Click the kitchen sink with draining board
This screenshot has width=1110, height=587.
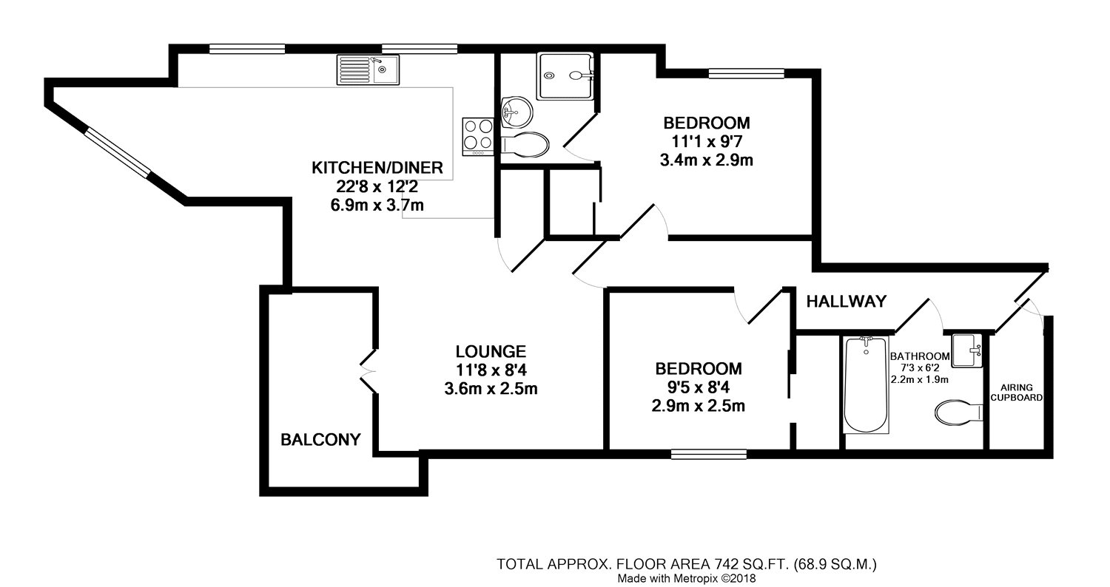point(369,69)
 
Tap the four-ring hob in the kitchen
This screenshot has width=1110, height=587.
point(478,137)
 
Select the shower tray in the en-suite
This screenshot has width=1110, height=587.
point(566,76)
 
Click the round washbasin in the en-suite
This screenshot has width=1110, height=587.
point(517,111)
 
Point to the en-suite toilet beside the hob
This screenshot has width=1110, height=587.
point(525,145)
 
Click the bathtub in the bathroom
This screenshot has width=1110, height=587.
point(866,385)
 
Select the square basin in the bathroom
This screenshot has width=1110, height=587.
point(966,351)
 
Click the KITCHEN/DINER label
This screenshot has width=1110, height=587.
point(377,168)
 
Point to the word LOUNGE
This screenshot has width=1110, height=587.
point(491,351)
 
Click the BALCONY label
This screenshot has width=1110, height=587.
point(320,439)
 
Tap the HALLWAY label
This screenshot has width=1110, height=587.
point(846,302)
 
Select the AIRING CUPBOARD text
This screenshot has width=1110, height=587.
point(1016,393)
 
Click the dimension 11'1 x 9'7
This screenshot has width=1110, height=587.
point(707,141)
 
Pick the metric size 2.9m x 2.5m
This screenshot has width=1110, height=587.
point(699,407)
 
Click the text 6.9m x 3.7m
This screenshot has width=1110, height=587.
point(377,205)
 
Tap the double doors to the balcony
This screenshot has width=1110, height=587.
point(368,371)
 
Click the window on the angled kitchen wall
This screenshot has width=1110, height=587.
point(118,152)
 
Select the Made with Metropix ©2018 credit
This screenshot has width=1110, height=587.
point(686,578)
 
